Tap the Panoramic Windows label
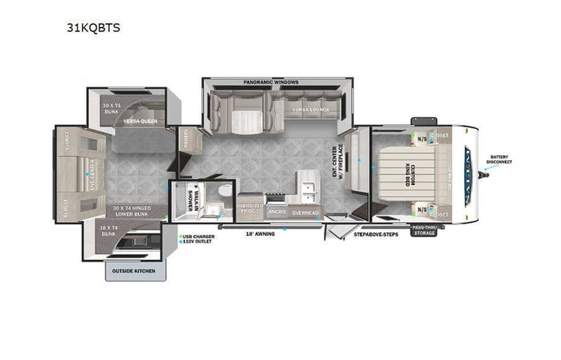[x=271, y=82]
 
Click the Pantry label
[x=186, y=140]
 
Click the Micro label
[x=278, y=211]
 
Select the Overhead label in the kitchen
[x=306, y=211]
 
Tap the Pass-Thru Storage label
[x=424, y=230]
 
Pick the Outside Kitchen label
[x=134, y=271]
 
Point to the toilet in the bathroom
[x=222, y=190]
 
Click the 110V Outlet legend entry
[x=198, y=242]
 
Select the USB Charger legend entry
[x=199, y=236]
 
